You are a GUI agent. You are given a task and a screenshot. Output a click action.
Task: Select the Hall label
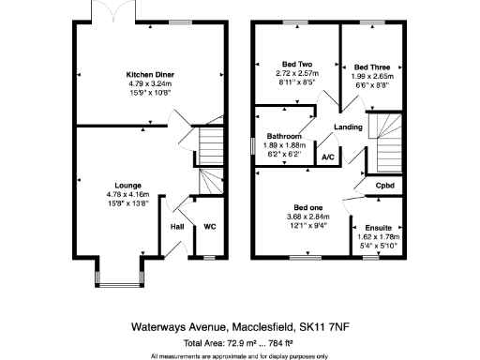point(176,226)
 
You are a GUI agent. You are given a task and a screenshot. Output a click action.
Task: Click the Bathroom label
point(288,136)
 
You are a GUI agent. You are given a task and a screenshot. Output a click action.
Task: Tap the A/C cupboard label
point(328,157)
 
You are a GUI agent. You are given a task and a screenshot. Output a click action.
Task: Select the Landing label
point(348,127)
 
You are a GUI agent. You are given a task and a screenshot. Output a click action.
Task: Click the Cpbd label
point(384,186)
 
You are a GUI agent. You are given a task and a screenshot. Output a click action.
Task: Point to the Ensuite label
point(380,227)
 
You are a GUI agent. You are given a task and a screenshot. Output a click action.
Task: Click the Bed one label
point(308,207)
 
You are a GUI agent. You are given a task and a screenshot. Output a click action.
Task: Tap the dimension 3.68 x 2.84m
point(308,217)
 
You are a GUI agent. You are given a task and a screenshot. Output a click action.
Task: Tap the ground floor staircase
point(211,150)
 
